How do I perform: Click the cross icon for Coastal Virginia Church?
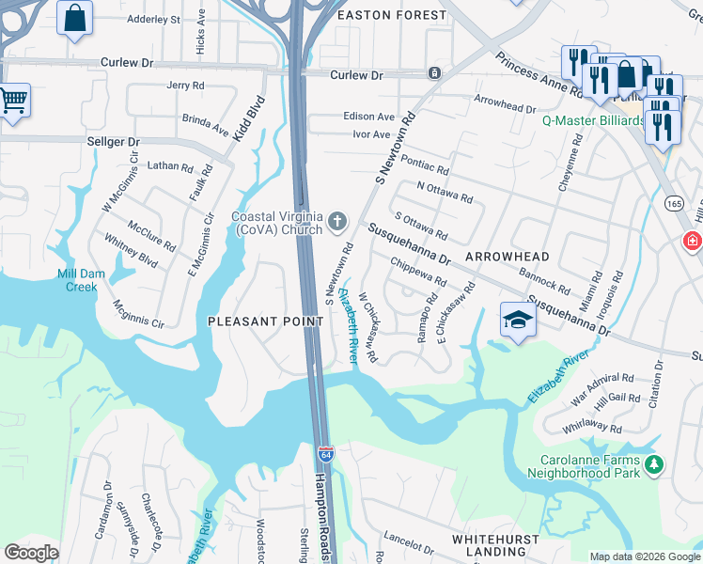[337, 223]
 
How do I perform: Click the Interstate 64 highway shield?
[324, 454]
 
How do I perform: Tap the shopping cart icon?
[11, 101]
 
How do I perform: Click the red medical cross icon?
[694, 242]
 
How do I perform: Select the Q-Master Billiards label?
[593, 120]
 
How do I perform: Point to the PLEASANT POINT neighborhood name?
[265, 321]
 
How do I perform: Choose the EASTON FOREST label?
[391, 15]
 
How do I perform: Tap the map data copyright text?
[645, 556]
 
